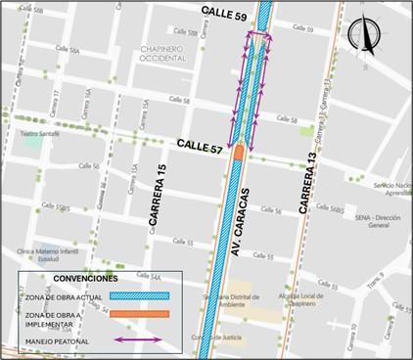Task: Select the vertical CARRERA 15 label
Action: tap(154, 202)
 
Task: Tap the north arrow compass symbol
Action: tap(363, 36)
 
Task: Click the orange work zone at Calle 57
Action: tap(238, 152)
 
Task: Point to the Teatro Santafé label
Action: tap(42, 133)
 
